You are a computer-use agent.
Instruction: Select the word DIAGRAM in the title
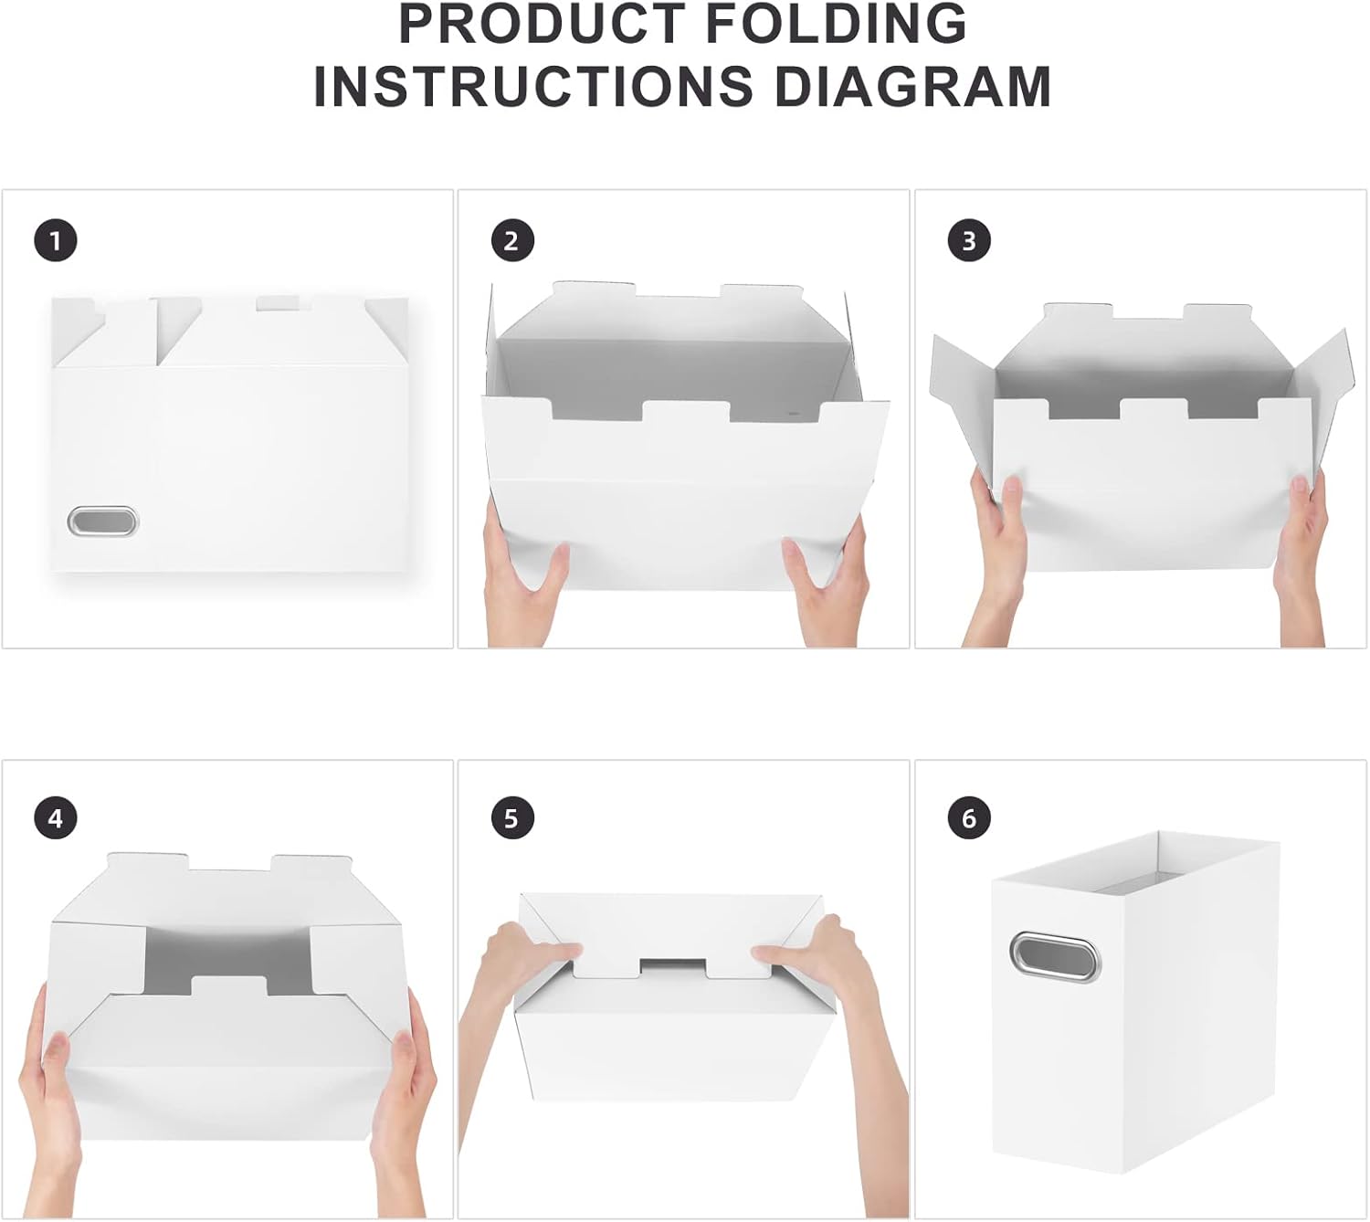912,86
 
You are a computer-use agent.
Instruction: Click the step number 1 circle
55,241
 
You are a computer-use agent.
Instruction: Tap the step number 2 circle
511,241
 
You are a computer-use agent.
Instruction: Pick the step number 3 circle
969,241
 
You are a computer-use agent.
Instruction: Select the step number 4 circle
55,817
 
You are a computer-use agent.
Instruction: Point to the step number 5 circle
511,817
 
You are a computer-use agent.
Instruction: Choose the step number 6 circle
969,817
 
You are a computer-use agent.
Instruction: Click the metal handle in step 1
102,522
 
